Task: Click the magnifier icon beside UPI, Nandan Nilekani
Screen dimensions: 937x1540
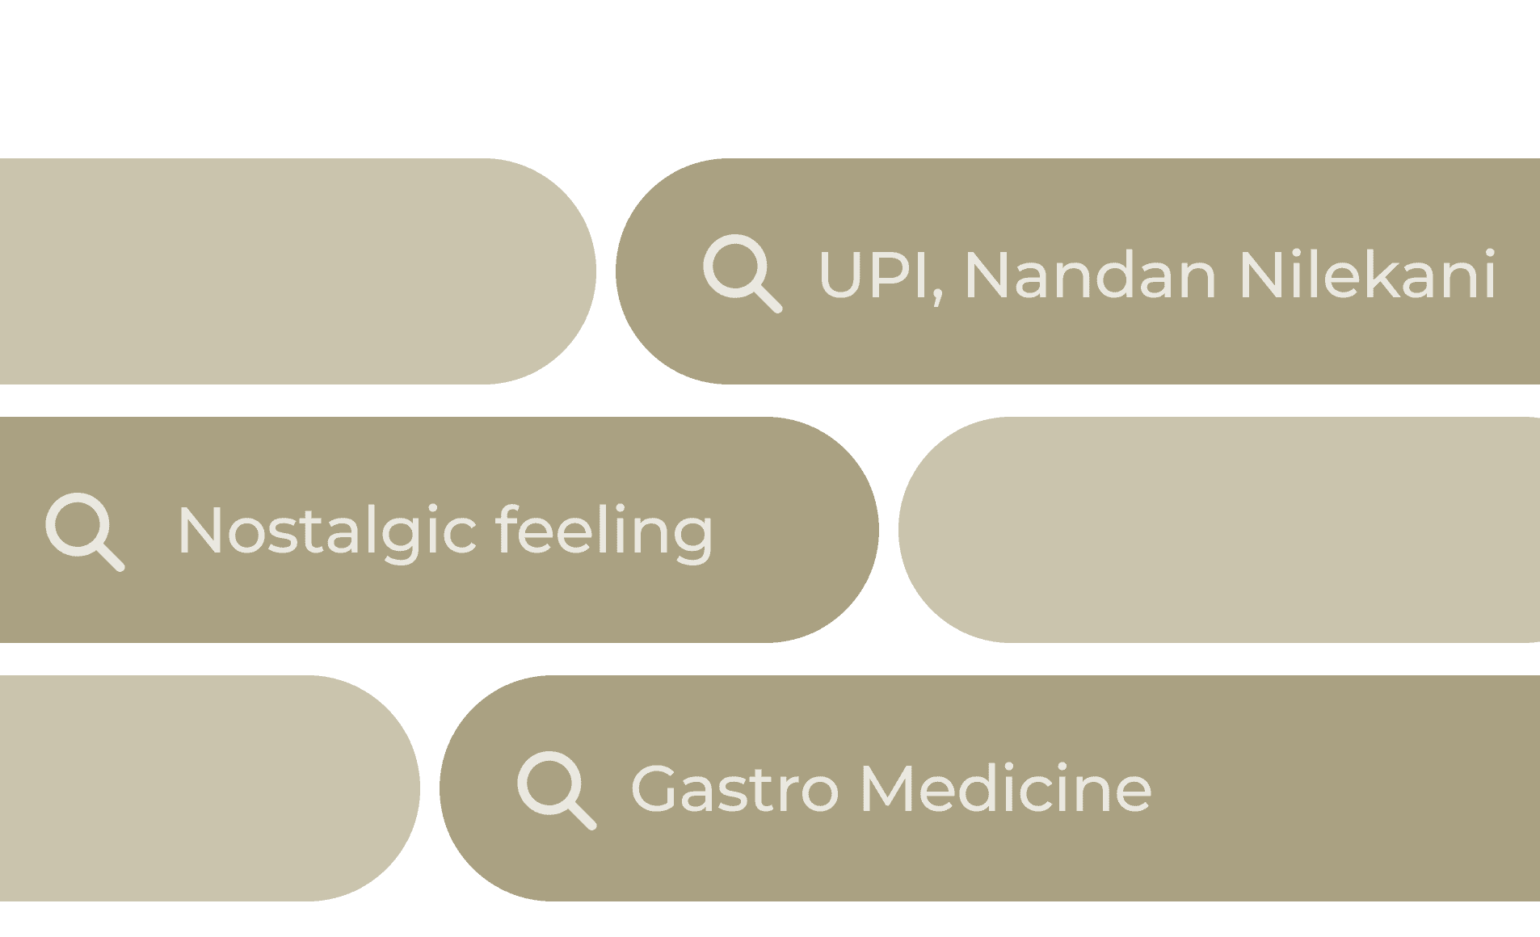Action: [741, 272]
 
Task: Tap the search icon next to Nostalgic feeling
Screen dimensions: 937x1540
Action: [84, 531]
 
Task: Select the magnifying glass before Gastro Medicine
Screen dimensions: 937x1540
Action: [556, 789]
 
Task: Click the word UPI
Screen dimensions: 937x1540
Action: [876, 275]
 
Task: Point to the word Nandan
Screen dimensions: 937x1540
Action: [1090, 275]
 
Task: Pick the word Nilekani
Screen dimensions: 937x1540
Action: [1367, 275]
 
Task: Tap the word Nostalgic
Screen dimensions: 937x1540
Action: [327, 532]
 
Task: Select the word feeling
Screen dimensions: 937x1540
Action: [604, 532]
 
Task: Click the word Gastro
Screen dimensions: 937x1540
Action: [734, 789]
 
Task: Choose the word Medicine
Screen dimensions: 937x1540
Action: [1006, 789]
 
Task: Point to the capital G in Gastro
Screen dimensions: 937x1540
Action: [655, 789]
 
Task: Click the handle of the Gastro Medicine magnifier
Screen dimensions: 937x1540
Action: [583, 816]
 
